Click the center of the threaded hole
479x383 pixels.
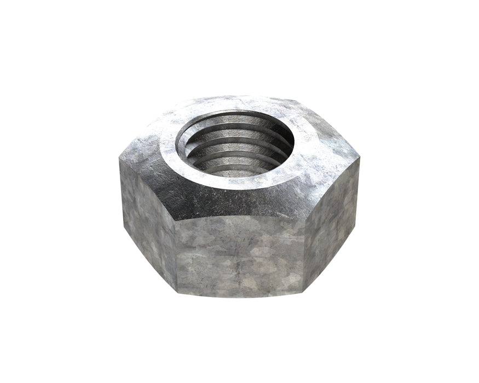[235, 143]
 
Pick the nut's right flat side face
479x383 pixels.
[332, 219]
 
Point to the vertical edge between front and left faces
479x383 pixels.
[176, 257]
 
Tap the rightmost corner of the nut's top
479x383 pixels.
[361, 159]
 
